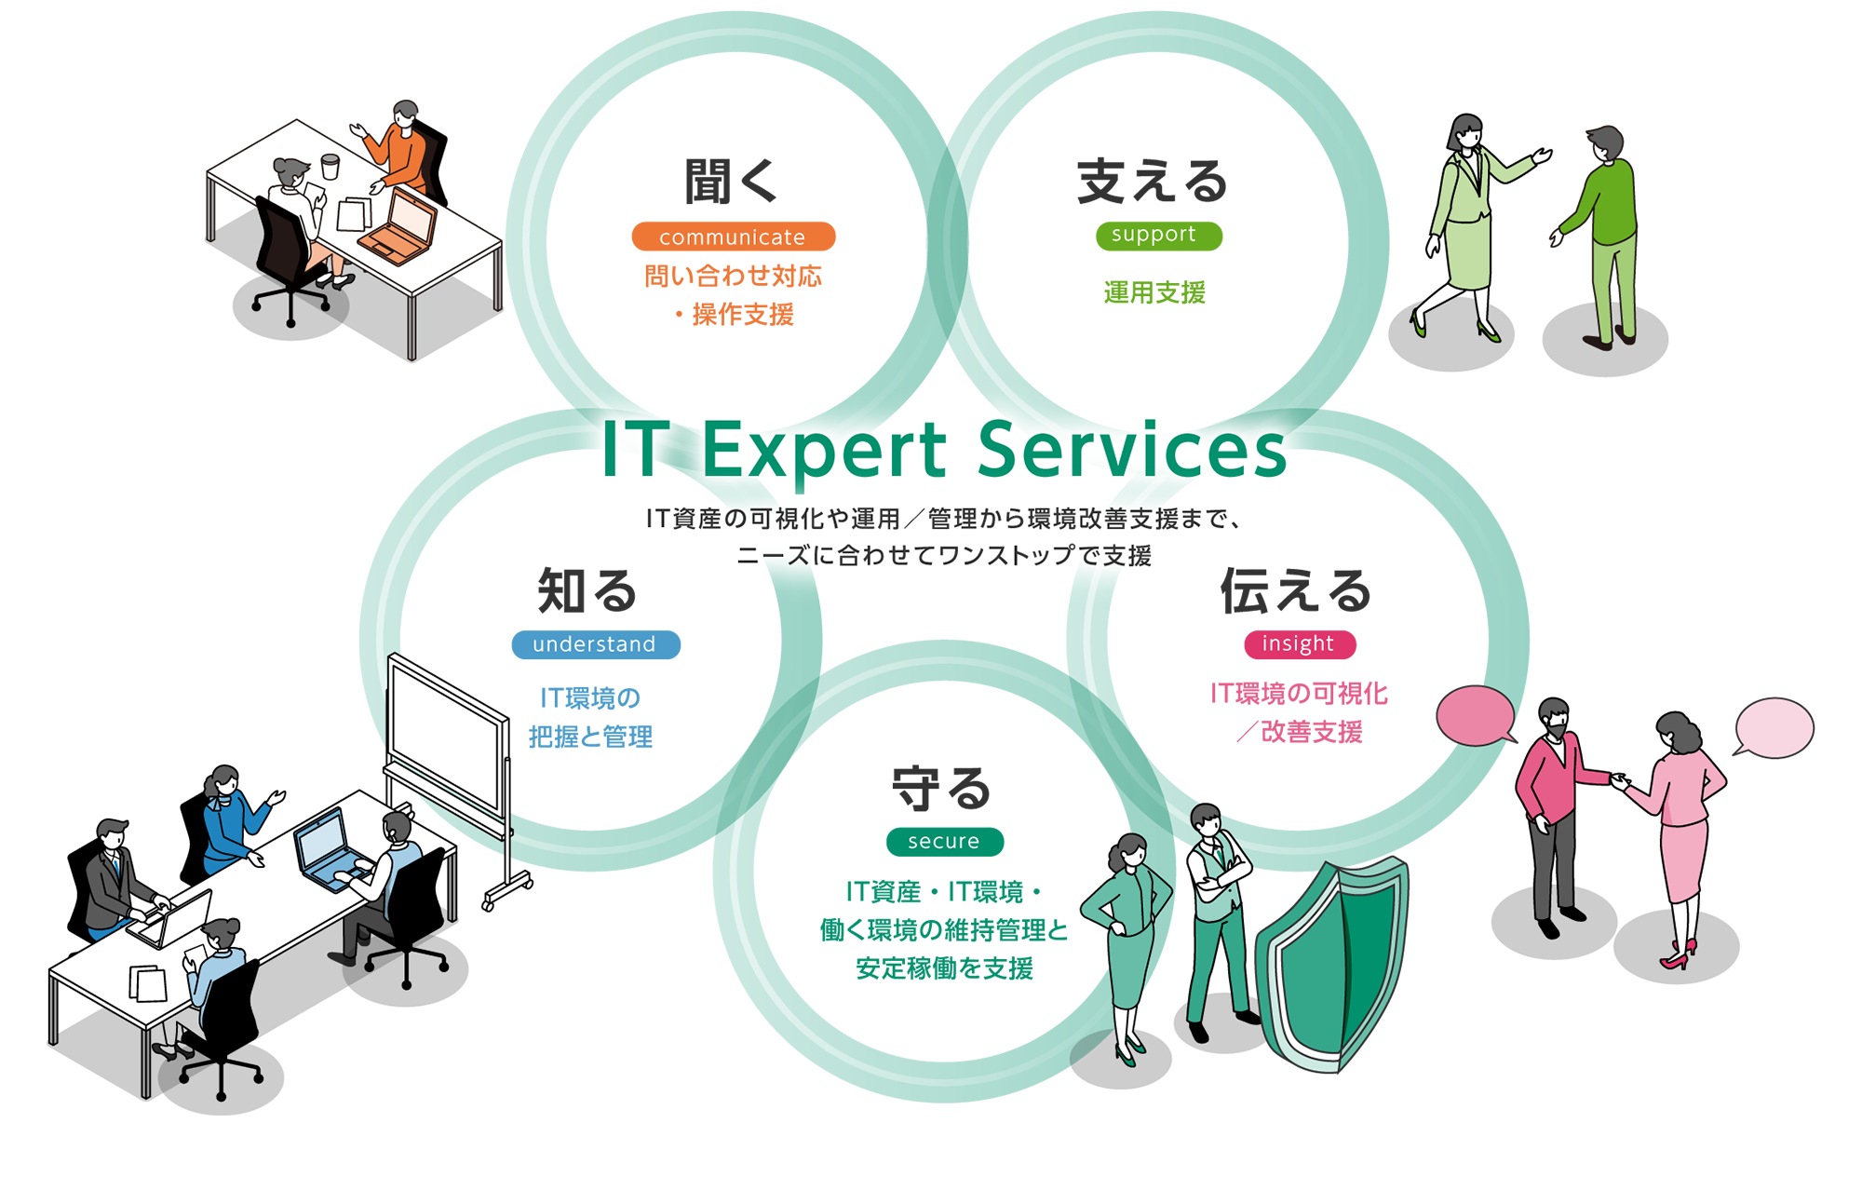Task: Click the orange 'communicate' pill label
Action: click(733, 237)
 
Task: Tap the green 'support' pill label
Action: click(1158, 235)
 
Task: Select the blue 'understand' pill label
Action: click(595, 644)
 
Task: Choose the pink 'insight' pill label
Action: click(1299, 643)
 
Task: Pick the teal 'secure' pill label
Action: click(944, 841)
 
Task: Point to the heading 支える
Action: click(1153, 181)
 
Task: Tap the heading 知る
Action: click(587, 590)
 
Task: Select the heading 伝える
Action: click(1296, 590)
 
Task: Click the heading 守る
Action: click(942, 788)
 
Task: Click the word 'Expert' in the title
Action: click(824, 451)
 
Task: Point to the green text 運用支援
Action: click(1154, 292)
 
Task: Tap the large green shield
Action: click(1333, 964)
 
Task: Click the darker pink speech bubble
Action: click(1475, 715)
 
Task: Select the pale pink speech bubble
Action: click(1774, 727)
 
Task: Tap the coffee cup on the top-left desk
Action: click(330, 167)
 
